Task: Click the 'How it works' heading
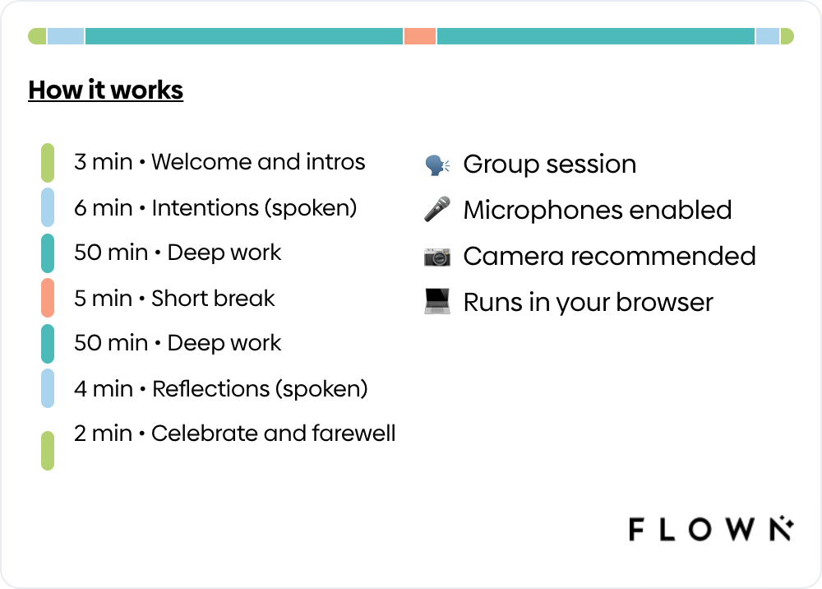[x=105, y=90]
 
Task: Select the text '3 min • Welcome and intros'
[x=219, y=162]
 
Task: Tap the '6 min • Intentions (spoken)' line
[x=215, y=207]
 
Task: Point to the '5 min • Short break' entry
[x=174, y=298]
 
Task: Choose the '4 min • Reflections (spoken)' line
[x=220, y=388]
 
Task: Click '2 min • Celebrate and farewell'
[x=234, y=434]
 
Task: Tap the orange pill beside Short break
[x=48, y=298]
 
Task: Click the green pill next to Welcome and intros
[x=48, y=162]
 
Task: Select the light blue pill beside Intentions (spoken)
[x=48, y=207]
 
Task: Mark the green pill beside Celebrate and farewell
[x=48, y=450]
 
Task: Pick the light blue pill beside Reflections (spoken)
[x=48, y=388]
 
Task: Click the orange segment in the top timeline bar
[x=420, y=36]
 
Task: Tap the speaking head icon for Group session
[x=436, y=165]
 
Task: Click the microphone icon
[x=436, y=210]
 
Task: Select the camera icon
[x=436, y=257]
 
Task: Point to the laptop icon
[x=436, y=302]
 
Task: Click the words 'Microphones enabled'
[x=597, y=210]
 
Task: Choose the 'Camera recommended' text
[x=609, y=256]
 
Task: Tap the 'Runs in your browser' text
[x=588, y=302]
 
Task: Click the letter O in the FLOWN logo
[x=700, y=529]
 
